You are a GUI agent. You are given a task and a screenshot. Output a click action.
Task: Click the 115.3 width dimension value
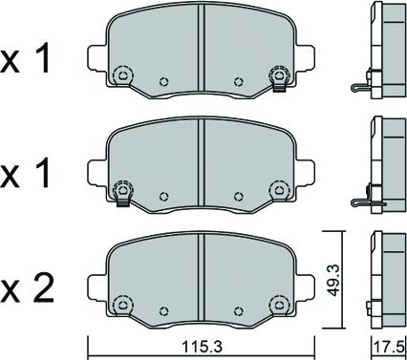pos(202,347)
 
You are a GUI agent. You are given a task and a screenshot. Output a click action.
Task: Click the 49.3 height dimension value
pos(333,280)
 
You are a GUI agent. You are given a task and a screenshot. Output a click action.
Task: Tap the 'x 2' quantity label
pos(27,289)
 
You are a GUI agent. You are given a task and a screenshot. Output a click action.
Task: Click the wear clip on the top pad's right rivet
pos(279,88)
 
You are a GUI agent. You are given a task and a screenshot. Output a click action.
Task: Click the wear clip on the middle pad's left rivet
pos(123,202)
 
